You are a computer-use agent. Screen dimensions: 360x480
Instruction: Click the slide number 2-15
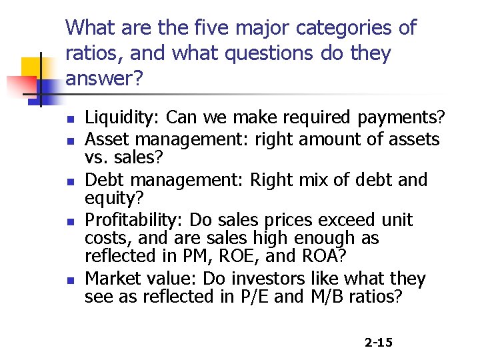(x=379, y=343)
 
